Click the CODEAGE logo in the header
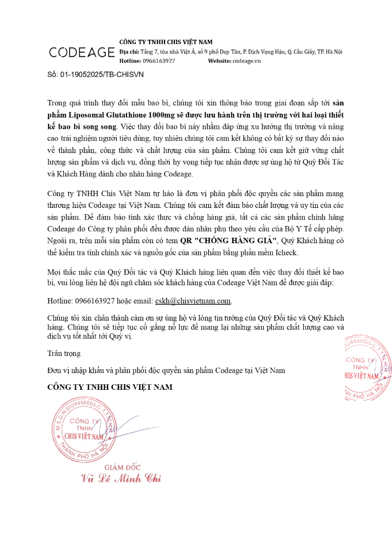(82, 52)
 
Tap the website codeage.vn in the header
(246, 61)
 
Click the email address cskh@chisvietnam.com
(193, 301)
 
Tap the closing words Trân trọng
(64, 353)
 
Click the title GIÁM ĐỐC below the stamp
(122, 467)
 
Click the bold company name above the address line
(166, 42)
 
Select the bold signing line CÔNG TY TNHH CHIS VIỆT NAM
(110, 387)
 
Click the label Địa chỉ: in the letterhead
(129, 52)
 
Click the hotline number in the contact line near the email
(94, 301)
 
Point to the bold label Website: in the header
(220, 61)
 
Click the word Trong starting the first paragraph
(58, 103)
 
